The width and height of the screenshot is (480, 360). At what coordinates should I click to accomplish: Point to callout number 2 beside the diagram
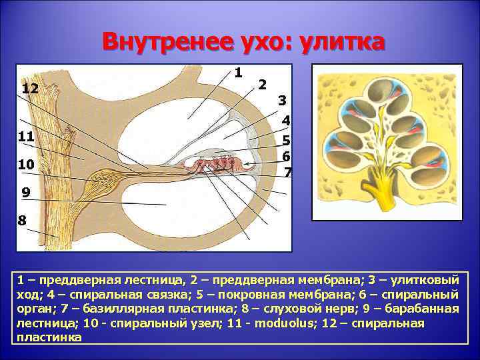(x=262, y=85)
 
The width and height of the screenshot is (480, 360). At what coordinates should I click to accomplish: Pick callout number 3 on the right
(x=283, y=101)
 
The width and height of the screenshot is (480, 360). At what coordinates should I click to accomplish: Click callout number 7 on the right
(x=287, y=172)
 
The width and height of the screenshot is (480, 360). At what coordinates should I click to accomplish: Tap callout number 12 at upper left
(x=30, y=89)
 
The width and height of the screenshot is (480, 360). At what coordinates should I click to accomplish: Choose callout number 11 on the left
(x=26, y=137)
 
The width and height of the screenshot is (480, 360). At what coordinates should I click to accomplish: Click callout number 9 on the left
(x=25, y=193)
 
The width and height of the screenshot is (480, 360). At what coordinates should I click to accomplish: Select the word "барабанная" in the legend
(x=423, y=309)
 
